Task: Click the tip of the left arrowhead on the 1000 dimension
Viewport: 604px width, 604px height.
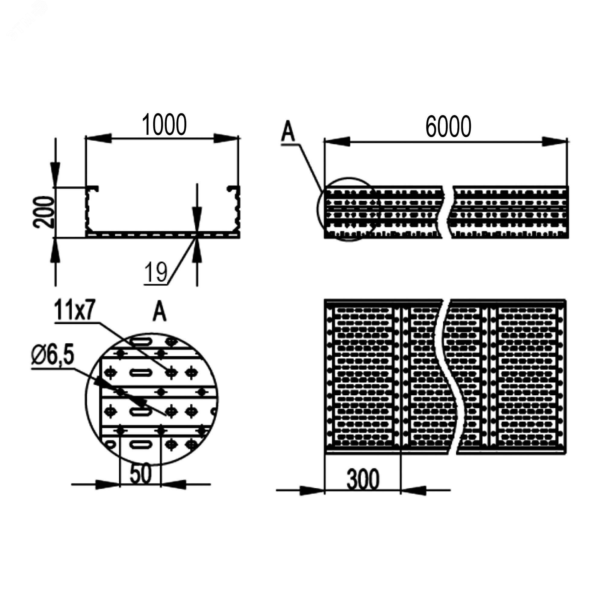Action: tap(86, 138)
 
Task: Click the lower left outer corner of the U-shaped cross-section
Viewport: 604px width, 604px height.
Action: tap(86, 238)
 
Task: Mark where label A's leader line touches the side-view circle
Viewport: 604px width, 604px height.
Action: tap(322, 191)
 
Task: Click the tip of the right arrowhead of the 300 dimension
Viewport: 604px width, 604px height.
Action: tap(401, 490)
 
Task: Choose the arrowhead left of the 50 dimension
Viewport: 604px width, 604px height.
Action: tap(108, 485)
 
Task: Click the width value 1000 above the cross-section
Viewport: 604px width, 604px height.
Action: tap(164, 124)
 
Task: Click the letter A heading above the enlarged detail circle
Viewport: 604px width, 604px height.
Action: tap(159, 312)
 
